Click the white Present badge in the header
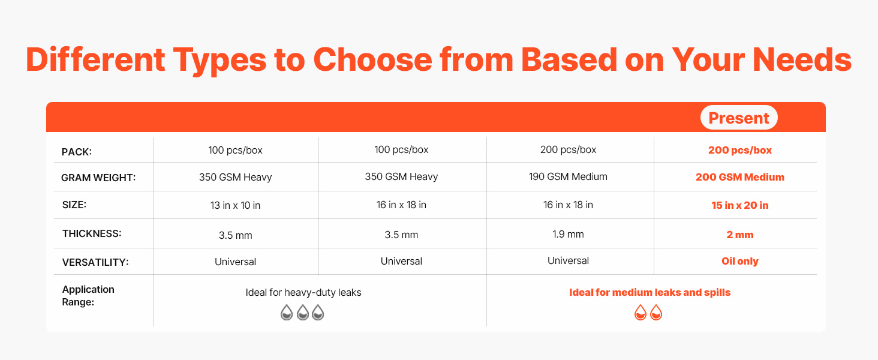point(739,118)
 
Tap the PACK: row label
point(76,152)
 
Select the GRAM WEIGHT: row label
point(98,178)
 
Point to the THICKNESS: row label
point(92,234)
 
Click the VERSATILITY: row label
point(95,262)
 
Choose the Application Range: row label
point(88,296)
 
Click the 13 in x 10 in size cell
point(235,205)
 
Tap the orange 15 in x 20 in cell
point(740,205)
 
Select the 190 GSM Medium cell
point(568,177)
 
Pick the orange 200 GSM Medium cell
point(740,177)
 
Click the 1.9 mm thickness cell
point(568,235)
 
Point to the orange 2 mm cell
point(740,235)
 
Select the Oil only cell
point(740,261)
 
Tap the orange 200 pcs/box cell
point(740,150)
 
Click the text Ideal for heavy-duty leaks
point(303,293)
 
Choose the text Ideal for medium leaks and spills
point(650,293)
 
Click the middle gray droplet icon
point(303,313)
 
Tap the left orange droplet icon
point(641,313)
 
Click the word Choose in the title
point(372,59)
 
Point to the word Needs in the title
point(802,59)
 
